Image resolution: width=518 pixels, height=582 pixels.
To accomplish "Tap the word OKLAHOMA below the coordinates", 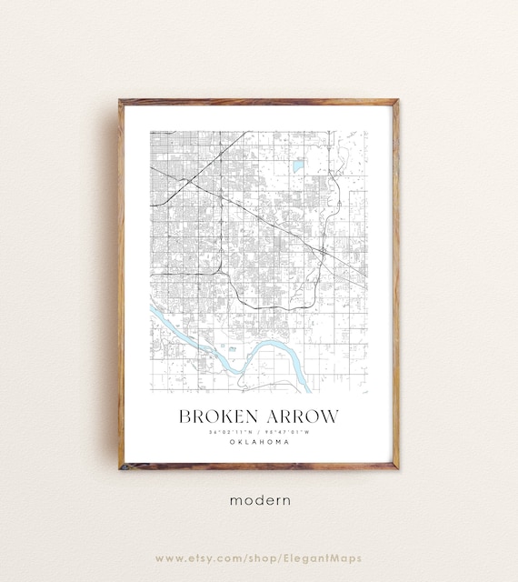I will coord(259,442).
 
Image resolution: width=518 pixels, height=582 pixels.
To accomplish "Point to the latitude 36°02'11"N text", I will coord(232,432).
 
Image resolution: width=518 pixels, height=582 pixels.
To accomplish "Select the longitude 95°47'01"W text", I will coord(287,432).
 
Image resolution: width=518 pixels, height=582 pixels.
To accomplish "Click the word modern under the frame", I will coord(259,499).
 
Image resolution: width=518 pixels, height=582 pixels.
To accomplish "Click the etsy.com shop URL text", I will coord(259,557).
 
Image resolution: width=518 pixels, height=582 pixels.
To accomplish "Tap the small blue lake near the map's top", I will coord(297,166).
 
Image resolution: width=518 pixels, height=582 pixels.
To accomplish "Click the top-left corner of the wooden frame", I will coord(121,102).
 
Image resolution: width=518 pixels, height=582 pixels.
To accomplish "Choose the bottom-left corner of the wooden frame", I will coord(121,467).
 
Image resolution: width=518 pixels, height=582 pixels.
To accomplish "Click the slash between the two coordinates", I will coord(259,432).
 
